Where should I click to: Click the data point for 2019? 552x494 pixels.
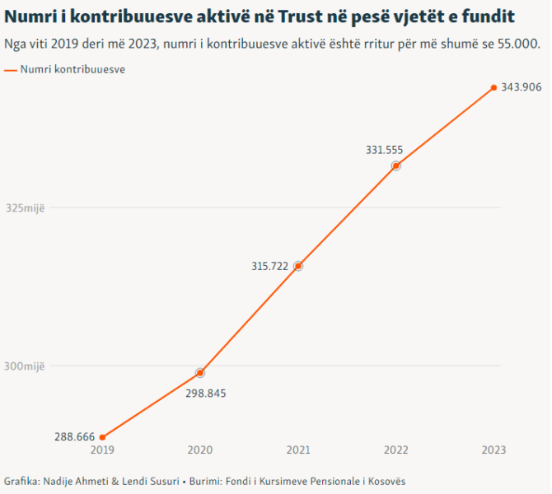tap(102, 437)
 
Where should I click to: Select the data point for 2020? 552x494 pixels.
tap(200, 373)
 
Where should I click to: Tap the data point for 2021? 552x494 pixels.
tap(298, 266)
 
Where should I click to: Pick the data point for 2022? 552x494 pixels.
tap(396, 165)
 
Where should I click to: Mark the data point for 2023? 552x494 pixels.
tap(494, 87)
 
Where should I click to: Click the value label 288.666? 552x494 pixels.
tap(75, 436)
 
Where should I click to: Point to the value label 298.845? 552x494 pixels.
tap(205, 393)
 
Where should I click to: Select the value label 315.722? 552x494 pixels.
tap(269, 266)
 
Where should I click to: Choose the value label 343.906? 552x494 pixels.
tap(521, 87)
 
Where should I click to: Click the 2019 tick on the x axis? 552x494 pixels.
tap(102, 450)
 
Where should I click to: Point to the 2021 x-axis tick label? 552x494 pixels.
tap(298, 450)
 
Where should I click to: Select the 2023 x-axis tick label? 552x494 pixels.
tap(494, 450)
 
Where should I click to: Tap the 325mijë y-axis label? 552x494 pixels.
tap(25, 207)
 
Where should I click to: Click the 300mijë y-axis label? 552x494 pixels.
tap(25, 366)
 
